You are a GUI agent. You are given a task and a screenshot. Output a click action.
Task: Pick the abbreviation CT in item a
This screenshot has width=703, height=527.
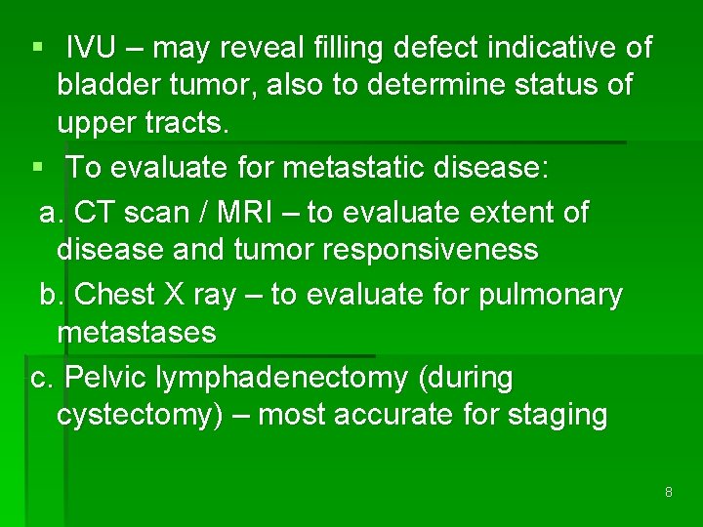coord(96,212)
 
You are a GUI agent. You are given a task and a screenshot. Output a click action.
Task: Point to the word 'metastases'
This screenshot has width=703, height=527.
coord(137,333)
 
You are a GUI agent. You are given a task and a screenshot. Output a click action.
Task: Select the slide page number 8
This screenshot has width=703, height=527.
coord(668,492)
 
